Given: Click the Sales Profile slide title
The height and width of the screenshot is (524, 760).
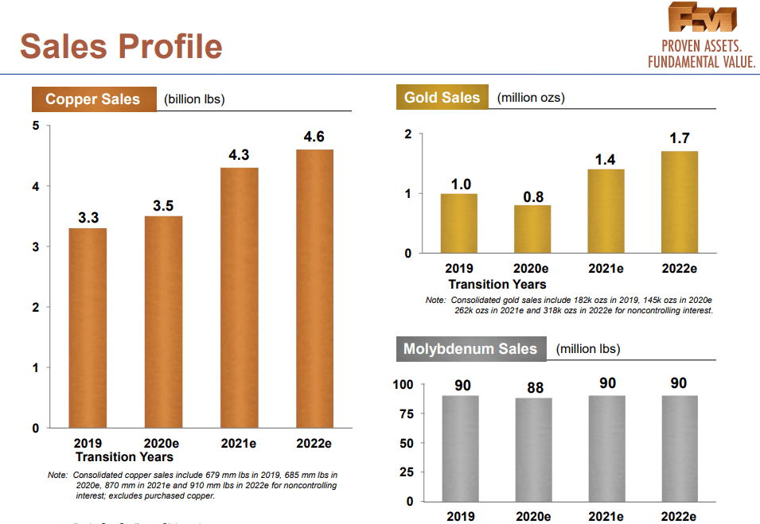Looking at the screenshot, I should point(121,46).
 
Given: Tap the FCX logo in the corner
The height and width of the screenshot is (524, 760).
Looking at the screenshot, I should point(703,19).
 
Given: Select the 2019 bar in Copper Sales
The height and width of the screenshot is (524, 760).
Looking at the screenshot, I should point(88,328).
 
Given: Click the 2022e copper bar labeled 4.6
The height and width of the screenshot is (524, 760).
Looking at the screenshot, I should point(314,288).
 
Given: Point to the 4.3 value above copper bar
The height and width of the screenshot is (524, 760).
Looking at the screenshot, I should point(239,156).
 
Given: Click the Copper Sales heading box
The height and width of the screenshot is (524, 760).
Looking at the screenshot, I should point(92,99).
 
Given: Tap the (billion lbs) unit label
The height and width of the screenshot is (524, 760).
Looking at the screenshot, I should point(194,99).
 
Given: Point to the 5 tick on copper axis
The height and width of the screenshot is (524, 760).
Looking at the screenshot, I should point(35,126).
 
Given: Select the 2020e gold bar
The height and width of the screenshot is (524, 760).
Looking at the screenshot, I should point(532,229).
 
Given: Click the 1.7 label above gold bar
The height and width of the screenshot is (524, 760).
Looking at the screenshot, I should point(679,138).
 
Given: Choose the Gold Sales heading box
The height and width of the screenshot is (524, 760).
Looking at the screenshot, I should point(442,98).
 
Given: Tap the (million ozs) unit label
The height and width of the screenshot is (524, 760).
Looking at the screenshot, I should point(531,98).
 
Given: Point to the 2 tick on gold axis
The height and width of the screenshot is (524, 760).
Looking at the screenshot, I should point(408,134).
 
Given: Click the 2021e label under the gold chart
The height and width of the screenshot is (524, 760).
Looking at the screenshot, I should point(606,269).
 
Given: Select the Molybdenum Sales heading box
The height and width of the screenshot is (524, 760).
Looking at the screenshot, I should point(470,349).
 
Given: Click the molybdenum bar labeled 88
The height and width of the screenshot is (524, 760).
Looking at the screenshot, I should point(534,449).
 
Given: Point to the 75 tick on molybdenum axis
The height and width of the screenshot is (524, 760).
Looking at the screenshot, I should point(406,413).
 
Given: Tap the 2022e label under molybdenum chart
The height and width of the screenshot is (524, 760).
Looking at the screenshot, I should point(679,517).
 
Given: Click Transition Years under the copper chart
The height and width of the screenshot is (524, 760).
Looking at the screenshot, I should point(124,457).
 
